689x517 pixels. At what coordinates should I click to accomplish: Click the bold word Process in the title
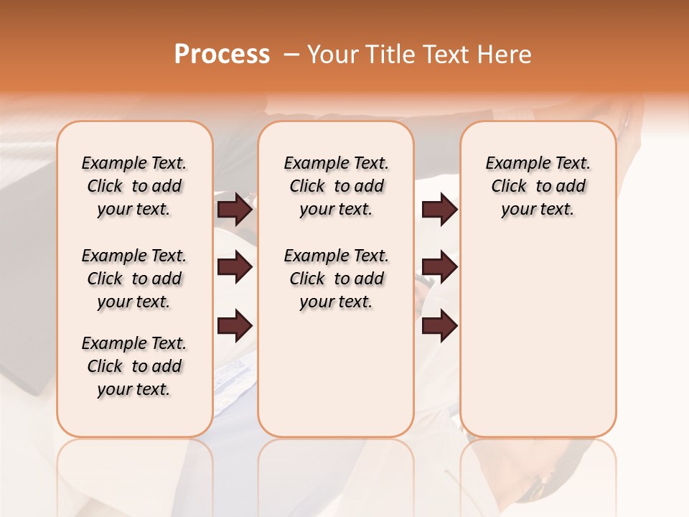coord(222,55)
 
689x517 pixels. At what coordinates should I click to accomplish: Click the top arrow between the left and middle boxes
coord(235,209)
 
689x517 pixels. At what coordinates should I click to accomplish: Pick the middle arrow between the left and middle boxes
coord(235,268)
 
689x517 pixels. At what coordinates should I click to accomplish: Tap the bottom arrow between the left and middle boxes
coord(235,325)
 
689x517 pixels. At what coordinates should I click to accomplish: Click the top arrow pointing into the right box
coord(439,209)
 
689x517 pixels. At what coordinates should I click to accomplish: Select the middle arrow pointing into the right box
coord(439,268)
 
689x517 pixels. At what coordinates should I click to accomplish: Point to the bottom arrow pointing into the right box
coord(439,325)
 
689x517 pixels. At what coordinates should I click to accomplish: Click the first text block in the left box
coord(134,186)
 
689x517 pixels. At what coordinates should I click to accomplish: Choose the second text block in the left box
coord(134,279)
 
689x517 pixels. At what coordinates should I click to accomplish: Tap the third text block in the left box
coord(134,366)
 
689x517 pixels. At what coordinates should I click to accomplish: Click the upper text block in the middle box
coord(336,186)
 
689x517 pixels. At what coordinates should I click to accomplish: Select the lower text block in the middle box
coord(336,279)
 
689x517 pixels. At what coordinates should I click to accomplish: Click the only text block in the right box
coord(538,186)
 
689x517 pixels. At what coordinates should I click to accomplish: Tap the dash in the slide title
coord(291,55)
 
